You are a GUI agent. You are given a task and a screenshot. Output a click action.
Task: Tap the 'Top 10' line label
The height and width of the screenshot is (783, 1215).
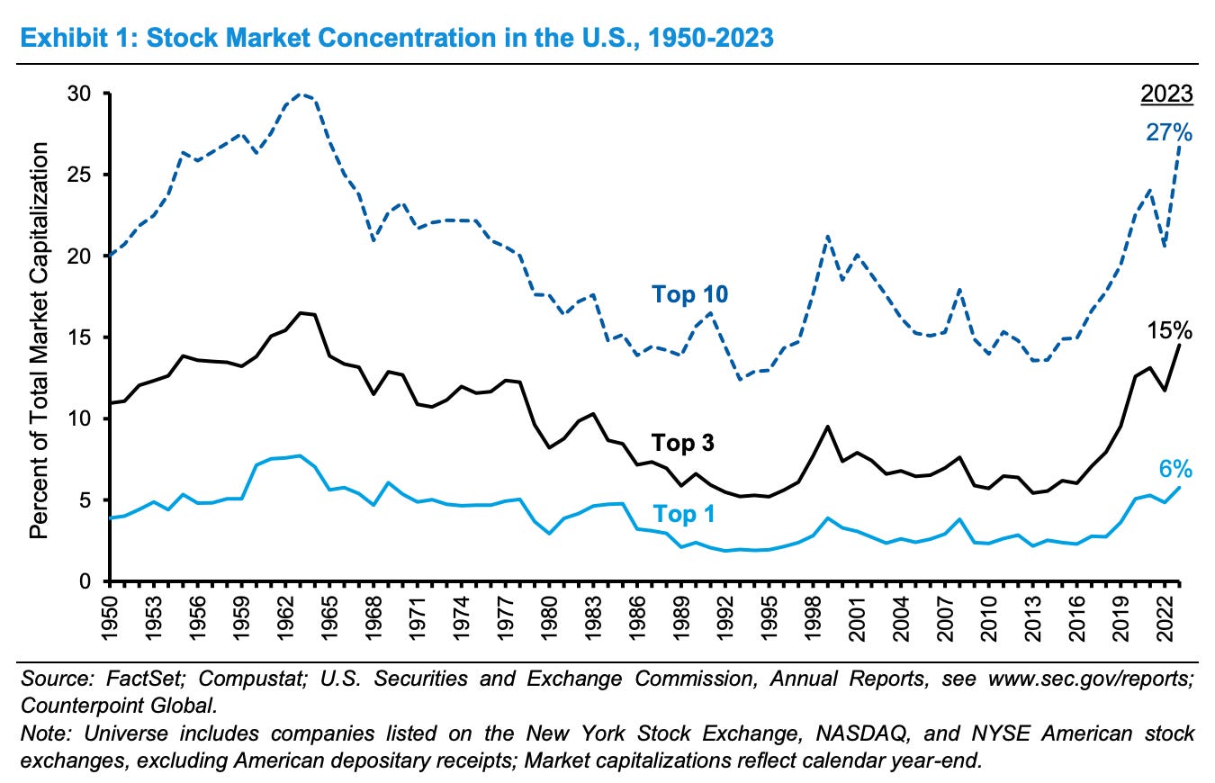click(x=690, y=294)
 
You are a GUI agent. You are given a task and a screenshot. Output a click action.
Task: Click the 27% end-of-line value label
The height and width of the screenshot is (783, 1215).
click(x=1169, y=133)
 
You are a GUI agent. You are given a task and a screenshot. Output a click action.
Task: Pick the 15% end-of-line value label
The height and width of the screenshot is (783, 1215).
click(x=1169, y=330)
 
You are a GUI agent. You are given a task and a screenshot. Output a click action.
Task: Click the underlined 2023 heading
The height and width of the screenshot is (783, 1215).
click(x=1167, y=94)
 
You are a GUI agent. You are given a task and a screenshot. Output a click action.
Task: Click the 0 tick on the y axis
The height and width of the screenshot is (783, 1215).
click(x=94, y=581)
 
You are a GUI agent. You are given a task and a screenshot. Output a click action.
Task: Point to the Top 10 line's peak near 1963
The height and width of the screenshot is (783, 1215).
click(x=301, y=94)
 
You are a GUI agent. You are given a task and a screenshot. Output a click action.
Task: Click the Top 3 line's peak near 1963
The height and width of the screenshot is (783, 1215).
click(x=300, y=312)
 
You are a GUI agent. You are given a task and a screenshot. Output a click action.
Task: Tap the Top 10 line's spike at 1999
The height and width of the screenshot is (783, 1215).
click(x=826, y=237)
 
